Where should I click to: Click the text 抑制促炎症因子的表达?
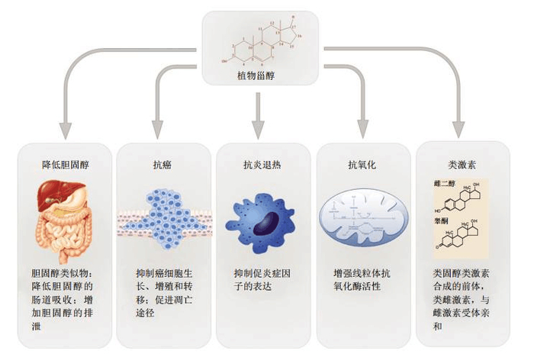tap(262, 279)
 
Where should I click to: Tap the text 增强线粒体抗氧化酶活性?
tap(362, 279)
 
